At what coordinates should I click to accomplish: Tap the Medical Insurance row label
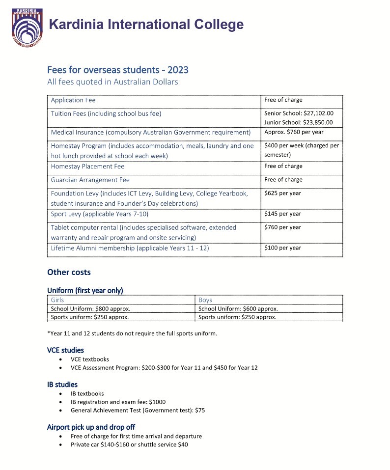click(x=150, y=132)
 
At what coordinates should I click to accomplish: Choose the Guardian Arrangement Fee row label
click(x=90, y=180)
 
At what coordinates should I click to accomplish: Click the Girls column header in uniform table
click(x=57, y=300)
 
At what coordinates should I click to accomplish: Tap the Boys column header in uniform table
click(x=205, y=300)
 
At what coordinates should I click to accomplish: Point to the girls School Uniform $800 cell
click(x=90, y=309)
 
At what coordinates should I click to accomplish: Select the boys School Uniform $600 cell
click(x=238, y=309)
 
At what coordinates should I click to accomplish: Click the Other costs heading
click(x=69, y=272)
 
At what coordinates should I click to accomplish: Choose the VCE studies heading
click(x=65, y=350)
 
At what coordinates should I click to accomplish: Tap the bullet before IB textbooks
click(x=60, y=393)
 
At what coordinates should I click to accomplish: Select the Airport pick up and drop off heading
click(x=91, y=427)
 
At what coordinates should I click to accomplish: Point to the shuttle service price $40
click(x=183, y=444)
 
